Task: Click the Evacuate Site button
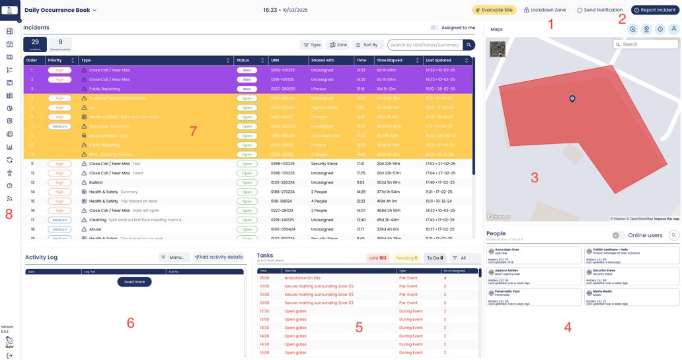click(494, 10)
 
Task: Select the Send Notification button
click(600, 10)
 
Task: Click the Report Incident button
click(654, 10)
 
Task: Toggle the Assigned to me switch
click(434, 28)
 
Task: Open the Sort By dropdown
click(367, 45)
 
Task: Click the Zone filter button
click(338, 45)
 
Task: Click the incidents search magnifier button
click(469, 45)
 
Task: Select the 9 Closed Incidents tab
click(60, 44)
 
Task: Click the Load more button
click(134, 281)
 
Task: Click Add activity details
click(219, 257)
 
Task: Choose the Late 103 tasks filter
click(377, 258)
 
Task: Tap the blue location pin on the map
click(572, 98)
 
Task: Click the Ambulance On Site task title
click(302, 278)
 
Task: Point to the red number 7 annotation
click(193, 131)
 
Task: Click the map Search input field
click(648, 44)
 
